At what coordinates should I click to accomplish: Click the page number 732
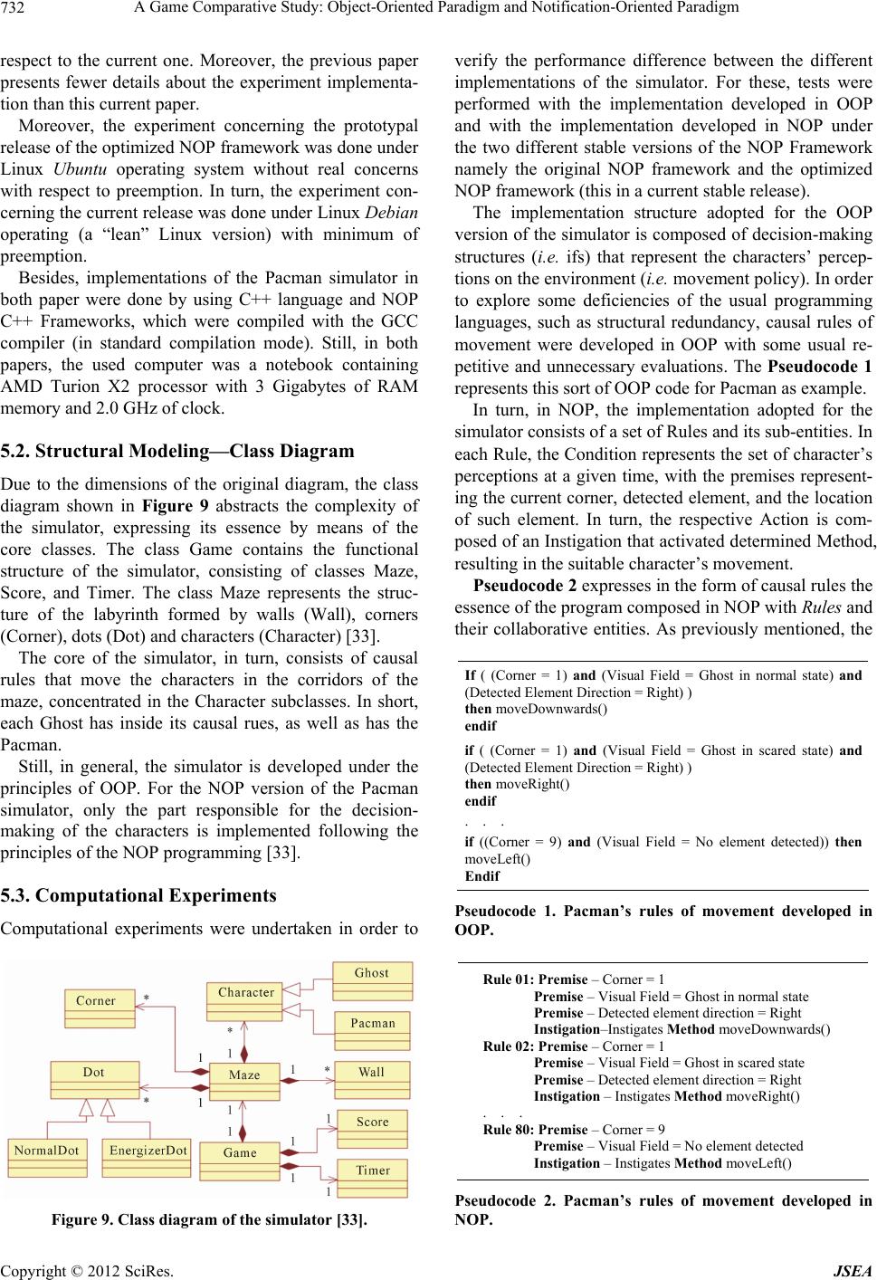(x=17, y=9)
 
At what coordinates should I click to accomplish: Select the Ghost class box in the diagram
(x=372, y=973)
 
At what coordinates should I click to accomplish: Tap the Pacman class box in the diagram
(x=373, y=1023)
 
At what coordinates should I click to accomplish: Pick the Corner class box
(x=97, y=1000)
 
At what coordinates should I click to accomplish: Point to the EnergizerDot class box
(x=148, y=1150)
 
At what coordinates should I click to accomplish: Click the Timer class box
(x=372, y=1170)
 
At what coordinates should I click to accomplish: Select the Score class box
(x=372, y=1121)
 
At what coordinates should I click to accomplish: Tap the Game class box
(x=240, y=1152)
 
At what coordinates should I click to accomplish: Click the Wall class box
(x=371, y=1072)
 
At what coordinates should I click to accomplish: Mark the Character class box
(x=245, y=992)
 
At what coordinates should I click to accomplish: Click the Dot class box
(x=94, y=1072)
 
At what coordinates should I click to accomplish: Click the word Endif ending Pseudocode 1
(x=481, y=876)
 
